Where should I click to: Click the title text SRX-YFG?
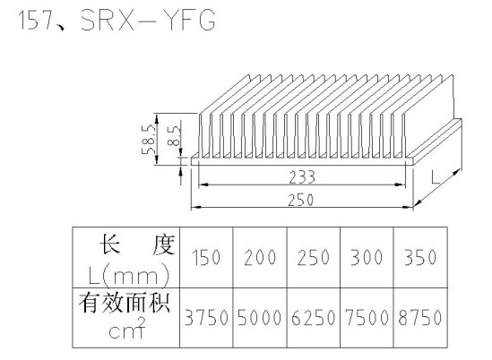click(148, 20)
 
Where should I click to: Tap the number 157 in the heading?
click(36, 20)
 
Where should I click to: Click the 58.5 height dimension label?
click(149, 139)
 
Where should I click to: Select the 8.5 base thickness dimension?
click(174, 135)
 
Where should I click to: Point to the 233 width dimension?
click(302, 177)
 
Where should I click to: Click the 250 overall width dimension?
click(300, 200)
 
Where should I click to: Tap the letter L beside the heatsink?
click(436, 177)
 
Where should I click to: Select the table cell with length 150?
click(206, 257)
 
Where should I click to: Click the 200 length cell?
click(260, 257)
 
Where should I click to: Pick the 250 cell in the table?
click(314, 257)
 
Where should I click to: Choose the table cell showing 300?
click(367, 257)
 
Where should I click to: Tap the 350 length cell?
click(420, 257)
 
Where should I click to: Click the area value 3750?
click(206, 317)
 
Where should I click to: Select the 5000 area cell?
click(260, 317)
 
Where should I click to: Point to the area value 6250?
click(313, 317)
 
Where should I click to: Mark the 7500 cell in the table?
click(367, 317)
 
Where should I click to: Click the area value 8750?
click(420, 317)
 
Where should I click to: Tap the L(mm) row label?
click(129, 276)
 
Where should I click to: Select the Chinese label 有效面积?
click(125, 303)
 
